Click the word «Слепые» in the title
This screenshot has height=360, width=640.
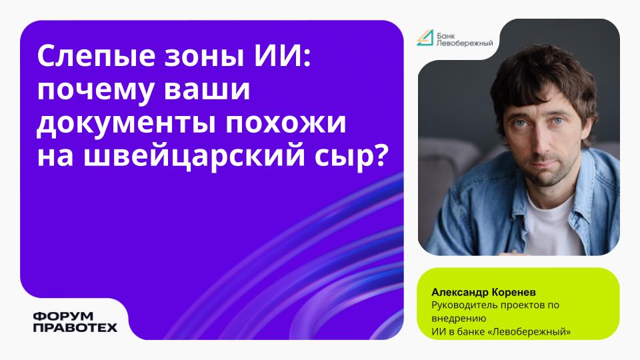[96, 57]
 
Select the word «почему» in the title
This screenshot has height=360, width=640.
[96, 90]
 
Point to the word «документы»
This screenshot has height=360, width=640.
[126, 123]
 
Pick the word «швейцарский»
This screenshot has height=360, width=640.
[194, 156]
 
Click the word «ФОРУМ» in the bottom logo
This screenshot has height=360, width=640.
[63, 316]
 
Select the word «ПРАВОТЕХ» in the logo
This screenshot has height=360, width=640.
[75, 327]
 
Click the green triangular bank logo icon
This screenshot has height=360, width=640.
[425, 37]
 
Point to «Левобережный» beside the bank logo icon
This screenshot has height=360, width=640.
[465, 43]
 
